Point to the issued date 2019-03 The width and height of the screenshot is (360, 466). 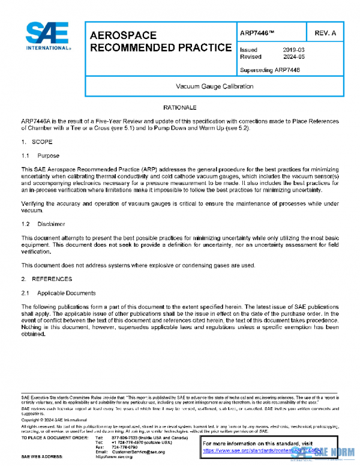(x=293, y=50)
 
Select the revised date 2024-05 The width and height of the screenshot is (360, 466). (x=293, y=57)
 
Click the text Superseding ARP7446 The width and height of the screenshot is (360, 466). (x=269, y=70)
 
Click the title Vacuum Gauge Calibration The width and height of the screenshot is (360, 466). (x=214, y=86)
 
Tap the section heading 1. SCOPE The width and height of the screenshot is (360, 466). (x=37, y=142)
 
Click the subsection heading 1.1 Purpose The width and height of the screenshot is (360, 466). (x=41, y=156)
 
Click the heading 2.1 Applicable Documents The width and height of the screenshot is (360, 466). (x=58, y=293)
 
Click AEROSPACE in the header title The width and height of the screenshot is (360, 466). (x=123, y=35)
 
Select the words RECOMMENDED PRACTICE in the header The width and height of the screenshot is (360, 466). (x=160, y=47)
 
